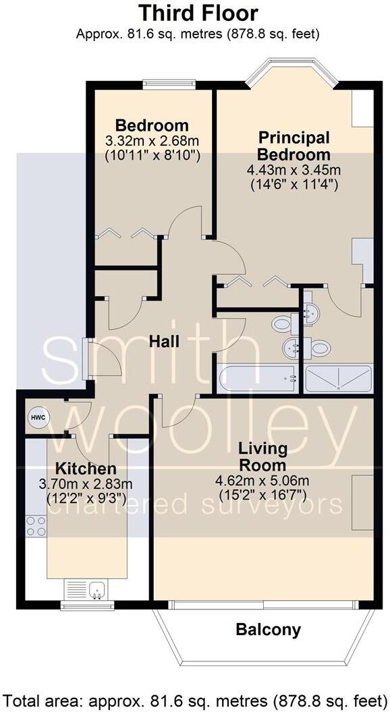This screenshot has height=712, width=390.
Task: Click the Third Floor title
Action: tap(198, 13)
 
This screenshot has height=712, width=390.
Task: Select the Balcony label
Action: tap(268, 630)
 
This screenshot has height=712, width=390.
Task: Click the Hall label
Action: tap(165, 342)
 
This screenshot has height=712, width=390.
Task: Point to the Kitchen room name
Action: tap(85, 469)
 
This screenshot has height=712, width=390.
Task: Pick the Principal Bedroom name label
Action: tap(295, 146)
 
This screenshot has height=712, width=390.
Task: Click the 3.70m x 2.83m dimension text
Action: tap(85, 484)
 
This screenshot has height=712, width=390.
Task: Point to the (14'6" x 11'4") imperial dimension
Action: tap(295, 183)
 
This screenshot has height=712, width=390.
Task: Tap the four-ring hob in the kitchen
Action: tap(36, 526)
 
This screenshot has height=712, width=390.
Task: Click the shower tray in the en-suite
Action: tap(338, 379)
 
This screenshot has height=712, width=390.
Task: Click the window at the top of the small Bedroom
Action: tap(169, 84)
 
